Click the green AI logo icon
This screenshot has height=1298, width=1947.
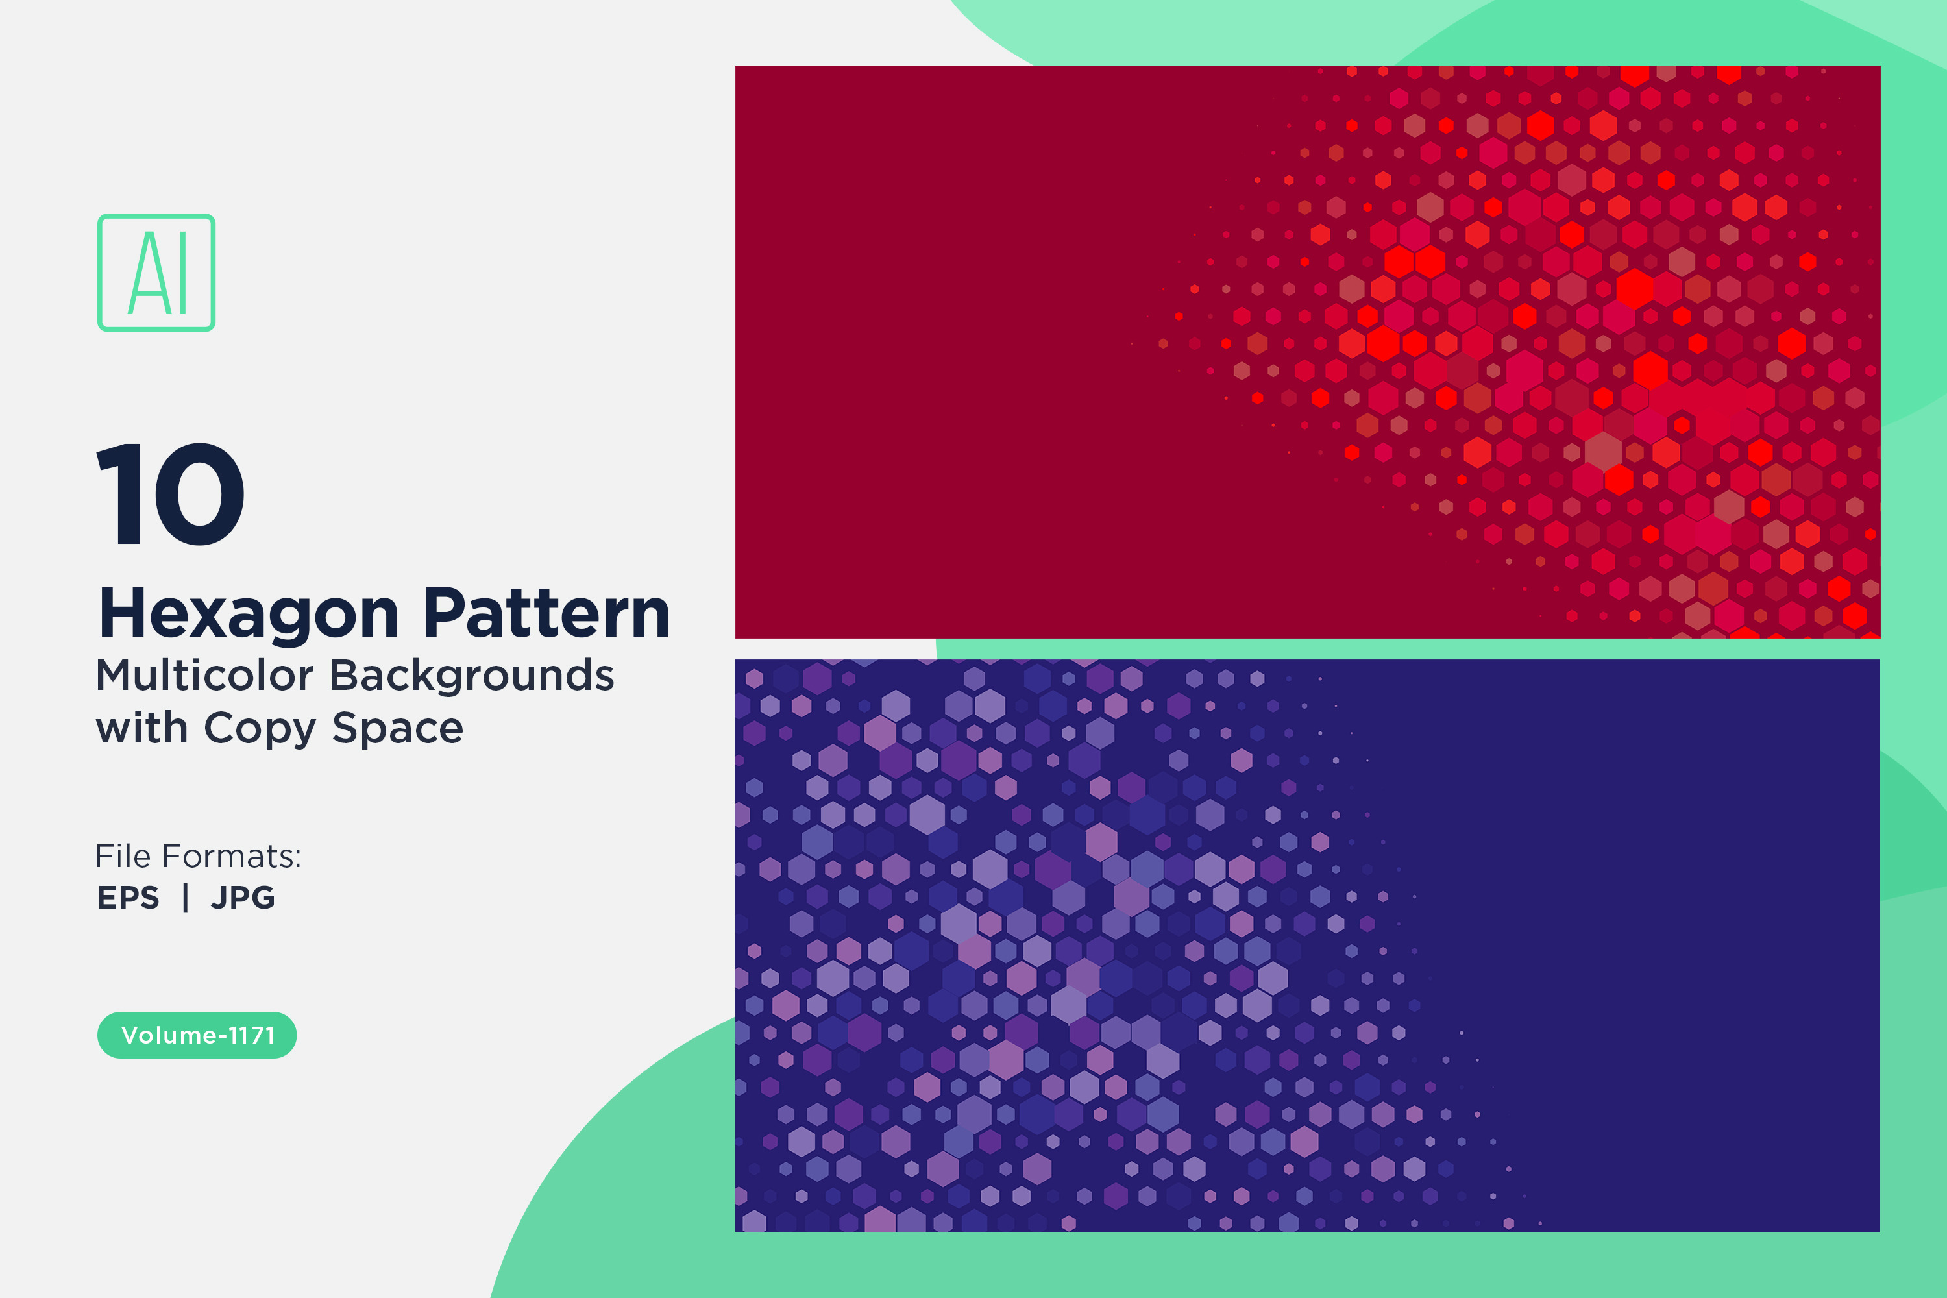pyautogui.click(x=156, y=273)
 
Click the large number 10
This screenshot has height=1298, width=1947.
pyautogui.click(x=171, y=493)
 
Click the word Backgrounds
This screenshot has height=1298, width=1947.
pyautogui.click(x=472, y=676)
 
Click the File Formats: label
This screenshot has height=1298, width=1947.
pyautogui.click(x=199, y=856)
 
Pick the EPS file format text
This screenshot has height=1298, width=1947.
pyautogui.click(x=129, y=898)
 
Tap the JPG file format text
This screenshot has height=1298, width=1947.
pyautogui.click(x=243, y=898)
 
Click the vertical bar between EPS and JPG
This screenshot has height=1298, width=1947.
pyautogui.click(x=186, y=898)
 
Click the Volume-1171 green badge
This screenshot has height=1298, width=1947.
pyautogui.click(x=197, y=1035)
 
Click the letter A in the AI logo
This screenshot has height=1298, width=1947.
pyautogui.click(x=147, y=273)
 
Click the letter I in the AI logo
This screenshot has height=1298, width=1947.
pyautogui.click(x=182, y=273)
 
